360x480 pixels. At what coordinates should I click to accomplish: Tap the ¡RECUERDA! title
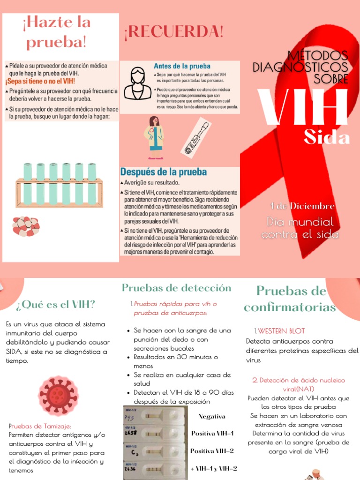coord(174,32)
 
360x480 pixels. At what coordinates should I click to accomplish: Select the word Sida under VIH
coord(326,138)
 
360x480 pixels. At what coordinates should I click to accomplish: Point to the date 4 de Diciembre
coord(302,206)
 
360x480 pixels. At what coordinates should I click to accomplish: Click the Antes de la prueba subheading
coord(182,66)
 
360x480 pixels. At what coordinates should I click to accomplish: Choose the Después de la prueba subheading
coord(164,172)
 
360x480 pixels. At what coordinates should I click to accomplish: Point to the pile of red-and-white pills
coord(26,226)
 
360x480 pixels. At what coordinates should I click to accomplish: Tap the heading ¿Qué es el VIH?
coord(55,305)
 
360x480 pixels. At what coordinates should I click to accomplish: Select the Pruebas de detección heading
coord(176,288)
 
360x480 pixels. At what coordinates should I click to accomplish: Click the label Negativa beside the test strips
coord(212,416)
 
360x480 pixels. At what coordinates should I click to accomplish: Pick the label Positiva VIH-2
coord(212,451)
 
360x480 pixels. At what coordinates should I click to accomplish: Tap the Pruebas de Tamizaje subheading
coord(40,426)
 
